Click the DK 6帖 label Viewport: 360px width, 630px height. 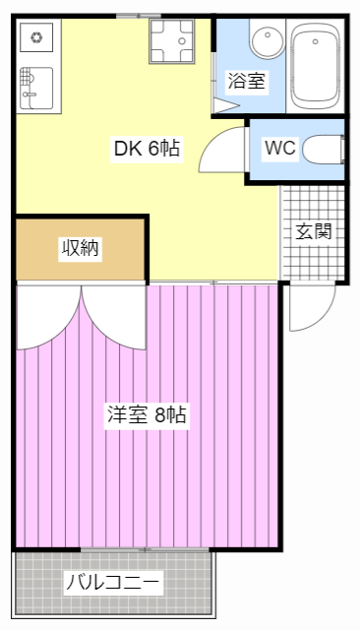point(147,149)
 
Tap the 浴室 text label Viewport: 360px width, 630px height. point(246,82)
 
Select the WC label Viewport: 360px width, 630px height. point(279,149)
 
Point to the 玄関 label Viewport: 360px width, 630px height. point(314,232)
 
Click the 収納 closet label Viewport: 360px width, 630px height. point(81,248)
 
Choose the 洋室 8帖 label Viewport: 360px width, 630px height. point(147,414)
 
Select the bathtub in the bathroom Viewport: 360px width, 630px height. point(316,66)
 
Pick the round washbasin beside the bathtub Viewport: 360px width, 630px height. point(266,42)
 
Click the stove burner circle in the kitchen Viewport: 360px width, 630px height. point(36,39)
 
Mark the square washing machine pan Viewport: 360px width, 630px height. point(171,40)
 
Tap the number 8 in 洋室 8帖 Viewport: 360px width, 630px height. point(159,414)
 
